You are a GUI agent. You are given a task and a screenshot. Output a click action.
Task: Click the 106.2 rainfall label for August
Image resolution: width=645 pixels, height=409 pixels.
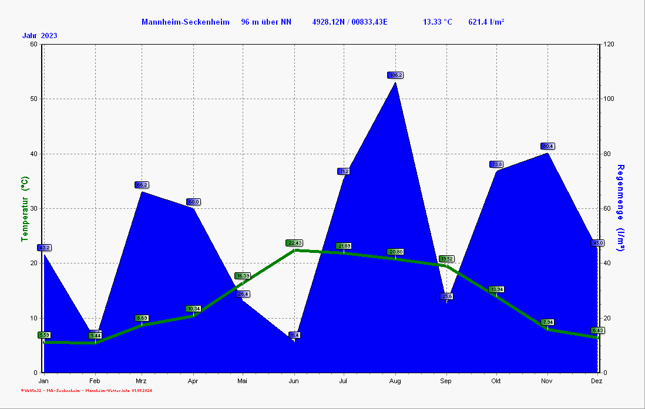395,75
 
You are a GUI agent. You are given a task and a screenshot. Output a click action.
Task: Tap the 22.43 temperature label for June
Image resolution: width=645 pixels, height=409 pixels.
294,243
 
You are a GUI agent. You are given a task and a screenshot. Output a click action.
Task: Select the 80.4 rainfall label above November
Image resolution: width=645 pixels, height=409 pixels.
547,146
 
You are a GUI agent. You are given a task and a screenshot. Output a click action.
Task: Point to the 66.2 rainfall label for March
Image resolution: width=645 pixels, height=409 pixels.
142,185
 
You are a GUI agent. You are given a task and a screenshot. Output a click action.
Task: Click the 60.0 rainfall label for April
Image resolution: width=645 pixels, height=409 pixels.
193,202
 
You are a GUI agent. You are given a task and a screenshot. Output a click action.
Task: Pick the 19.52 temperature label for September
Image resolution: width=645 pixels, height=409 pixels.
446,259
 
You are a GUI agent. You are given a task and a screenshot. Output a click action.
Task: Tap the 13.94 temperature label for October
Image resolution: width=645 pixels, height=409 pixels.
497,289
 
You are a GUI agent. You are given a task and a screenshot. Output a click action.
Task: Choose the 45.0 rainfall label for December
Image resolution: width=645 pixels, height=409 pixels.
597,243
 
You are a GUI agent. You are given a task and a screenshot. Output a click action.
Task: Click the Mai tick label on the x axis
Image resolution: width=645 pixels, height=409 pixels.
243,381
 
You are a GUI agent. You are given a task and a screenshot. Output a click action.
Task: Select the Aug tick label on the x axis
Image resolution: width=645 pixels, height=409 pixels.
395,381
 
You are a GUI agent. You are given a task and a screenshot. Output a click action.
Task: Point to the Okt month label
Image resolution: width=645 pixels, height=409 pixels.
496,381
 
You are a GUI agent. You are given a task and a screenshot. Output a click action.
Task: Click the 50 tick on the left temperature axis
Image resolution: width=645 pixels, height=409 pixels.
33,99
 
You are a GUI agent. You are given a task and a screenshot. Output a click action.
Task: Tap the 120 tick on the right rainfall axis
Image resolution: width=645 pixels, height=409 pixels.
609,44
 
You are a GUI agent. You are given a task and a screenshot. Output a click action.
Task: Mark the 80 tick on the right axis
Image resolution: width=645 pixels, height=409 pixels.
607,154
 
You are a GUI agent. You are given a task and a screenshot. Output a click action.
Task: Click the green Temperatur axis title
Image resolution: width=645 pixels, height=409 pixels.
25,209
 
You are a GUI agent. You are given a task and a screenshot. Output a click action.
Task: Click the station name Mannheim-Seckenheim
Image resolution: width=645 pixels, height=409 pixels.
185,22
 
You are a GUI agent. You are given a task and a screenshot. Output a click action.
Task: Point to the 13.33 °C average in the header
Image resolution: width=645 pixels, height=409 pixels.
438,22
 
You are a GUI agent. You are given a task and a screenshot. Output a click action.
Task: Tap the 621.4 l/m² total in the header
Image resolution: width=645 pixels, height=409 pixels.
486,22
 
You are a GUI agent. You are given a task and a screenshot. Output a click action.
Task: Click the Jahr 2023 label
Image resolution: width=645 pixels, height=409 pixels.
40,36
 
